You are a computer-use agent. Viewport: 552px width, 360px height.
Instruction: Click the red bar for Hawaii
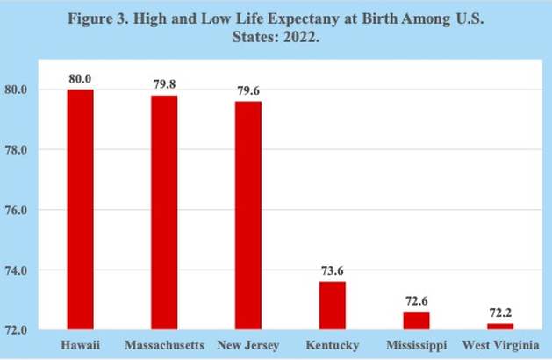point(80,209)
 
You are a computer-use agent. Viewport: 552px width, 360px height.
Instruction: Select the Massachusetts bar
point(164,212)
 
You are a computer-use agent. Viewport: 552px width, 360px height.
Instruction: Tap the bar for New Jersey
point(247,215)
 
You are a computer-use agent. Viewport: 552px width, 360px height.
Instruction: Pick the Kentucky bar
point(332,306)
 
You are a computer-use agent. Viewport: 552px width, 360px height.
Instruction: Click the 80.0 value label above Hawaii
point(80,79)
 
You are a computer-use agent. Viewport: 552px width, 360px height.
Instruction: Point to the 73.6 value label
point(332,271)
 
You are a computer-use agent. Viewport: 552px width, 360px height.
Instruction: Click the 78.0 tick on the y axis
point(39,150)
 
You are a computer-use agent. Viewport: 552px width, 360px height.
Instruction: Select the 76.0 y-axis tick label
point(39,211)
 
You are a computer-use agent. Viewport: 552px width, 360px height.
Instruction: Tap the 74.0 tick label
point(39,270)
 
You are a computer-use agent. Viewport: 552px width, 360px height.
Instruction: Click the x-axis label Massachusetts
point(164,342)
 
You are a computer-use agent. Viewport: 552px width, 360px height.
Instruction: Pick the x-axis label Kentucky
point(332,342)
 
